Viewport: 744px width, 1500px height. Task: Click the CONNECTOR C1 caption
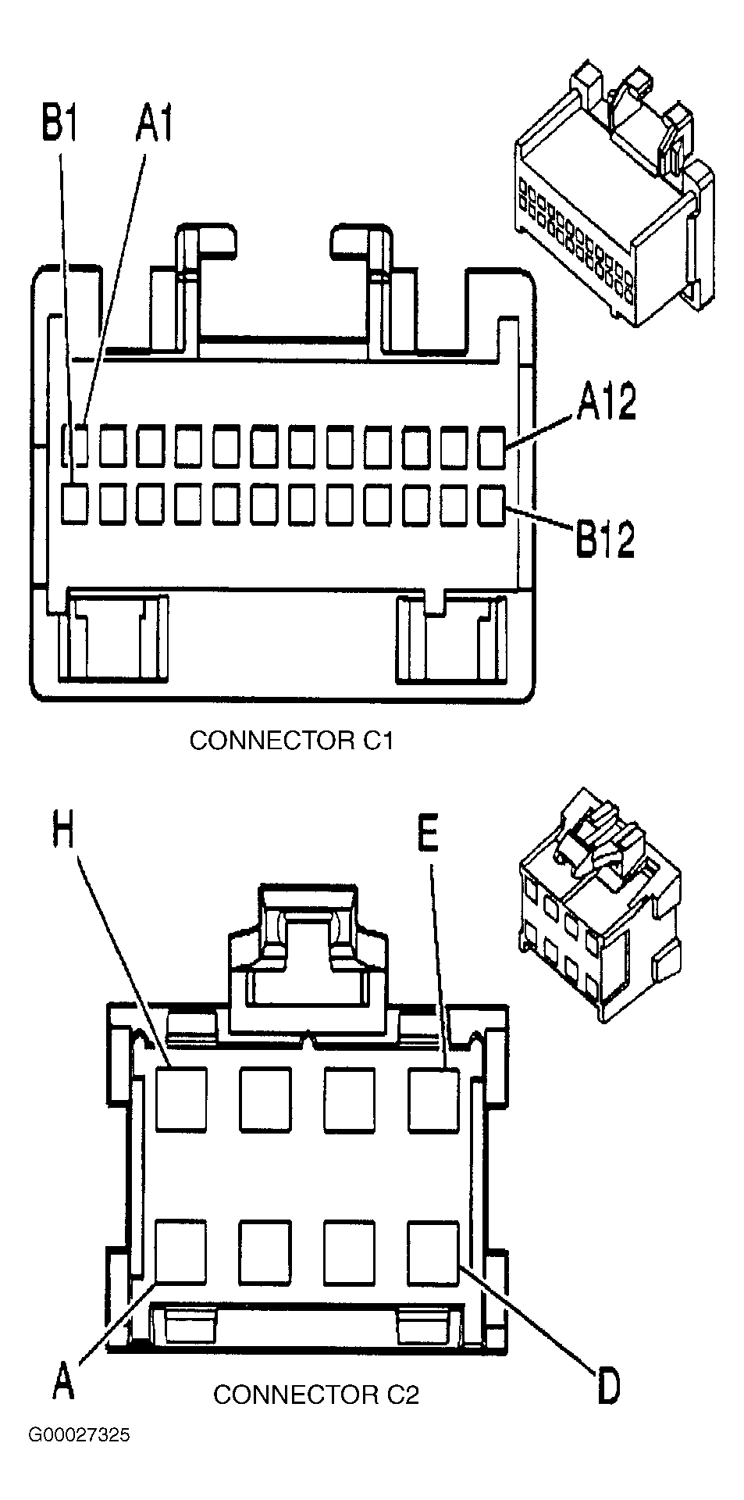pos(291,740)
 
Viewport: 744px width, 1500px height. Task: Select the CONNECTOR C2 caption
pos(316,1394)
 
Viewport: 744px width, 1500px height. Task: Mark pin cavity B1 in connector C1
pos(76,504)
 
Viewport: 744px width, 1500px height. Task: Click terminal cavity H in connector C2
pos(181,1100)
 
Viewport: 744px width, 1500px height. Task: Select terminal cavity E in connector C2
pos(433,1100)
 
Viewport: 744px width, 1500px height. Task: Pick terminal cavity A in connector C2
pos(181,1252)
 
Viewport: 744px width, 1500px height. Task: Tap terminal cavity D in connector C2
pos(433,1252)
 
